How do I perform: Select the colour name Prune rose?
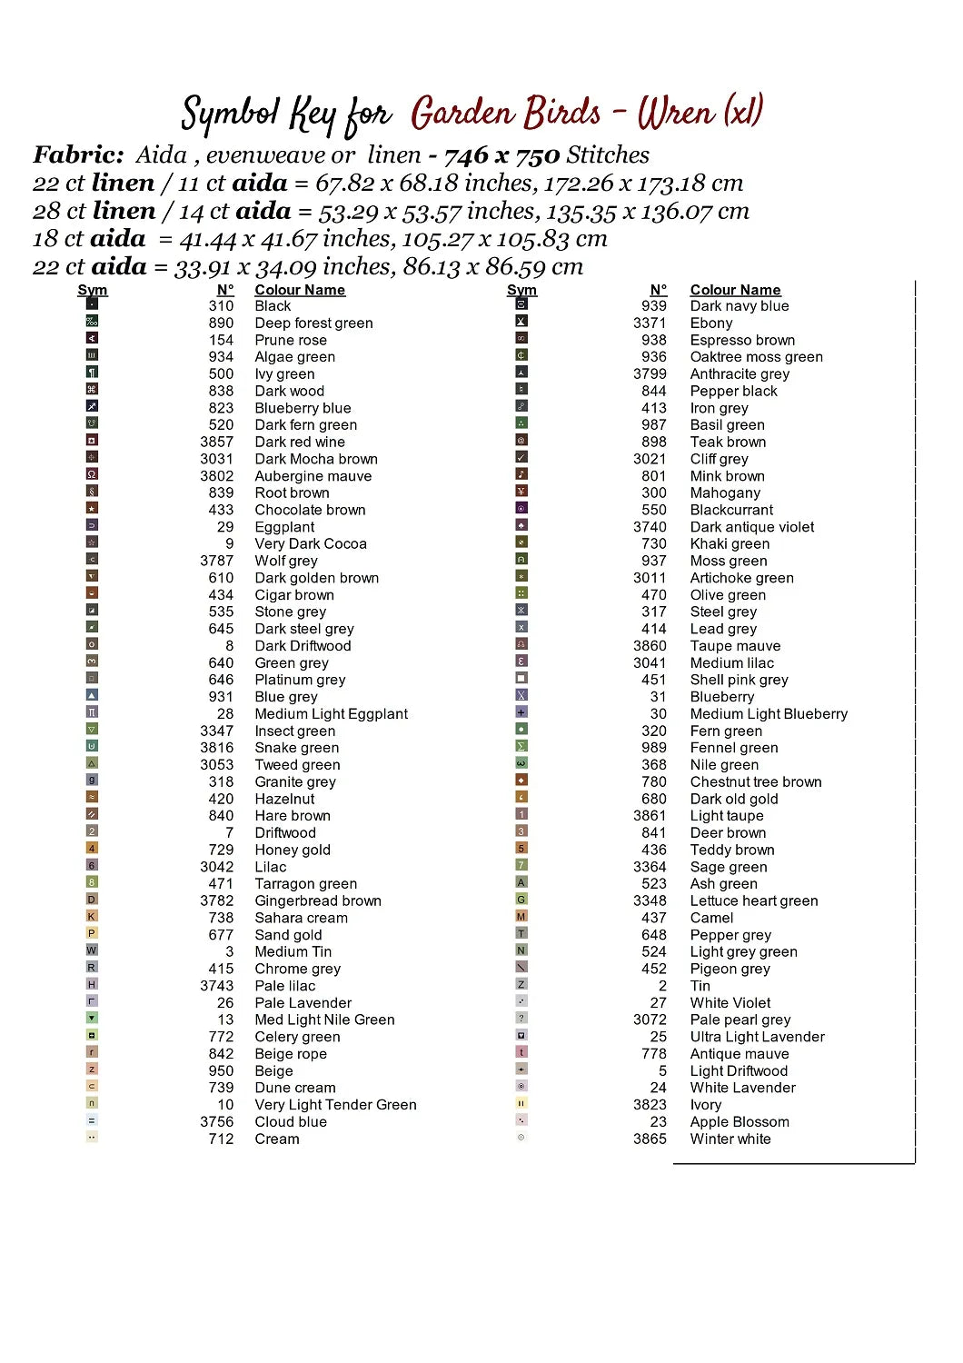[290, 340]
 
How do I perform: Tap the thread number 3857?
[217, 442]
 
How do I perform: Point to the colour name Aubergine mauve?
[313, 476]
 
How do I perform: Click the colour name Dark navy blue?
[739, 306]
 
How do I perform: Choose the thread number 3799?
[650, 373]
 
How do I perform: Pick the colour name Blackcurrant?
[731, 510]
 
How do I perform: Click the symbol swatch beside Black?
[92, 304]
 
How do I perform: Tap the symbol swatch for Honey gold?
[92, 849]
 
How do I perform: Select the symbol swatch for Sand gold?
[92, 933]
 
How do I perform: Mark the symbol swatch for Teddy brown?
[521, 849]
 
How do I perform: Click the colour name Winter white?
[730, 1139]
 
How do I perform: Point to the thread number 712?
[221, 1139]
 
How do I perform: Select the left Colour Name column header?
[300, 290]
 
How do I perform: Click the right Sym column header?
[521, 290]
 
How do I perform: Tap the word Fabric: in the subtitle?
[78, 154]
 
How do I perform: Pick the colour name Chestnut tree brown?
[755, 781]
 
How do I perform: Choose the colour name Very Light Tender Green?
[335, 1105]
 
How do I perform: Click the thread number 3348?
[650, 900]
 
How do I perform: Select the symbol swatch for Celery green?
[92, 1035]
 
